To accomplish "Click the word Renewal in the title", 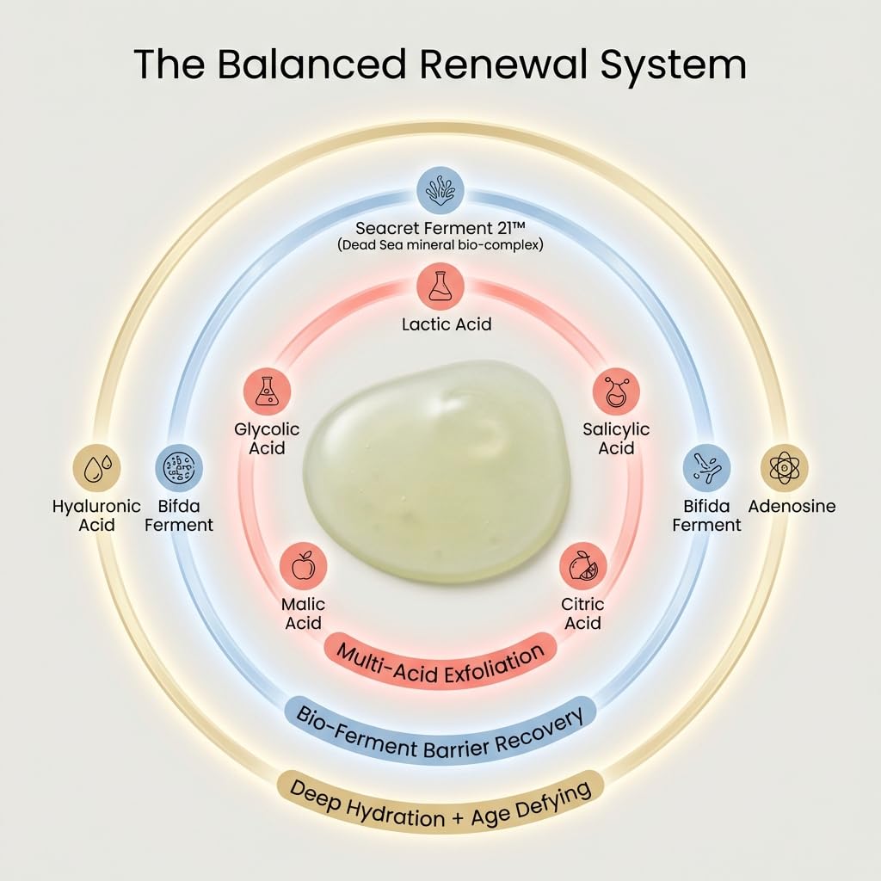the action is [x=504, y=64].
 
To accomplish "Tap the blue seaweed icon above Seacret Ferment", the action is [x=440, y=190].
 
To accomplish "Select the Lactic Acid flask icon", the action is [x=440, y=286].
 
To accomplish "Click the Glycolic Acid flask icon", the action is [x=267, y=391].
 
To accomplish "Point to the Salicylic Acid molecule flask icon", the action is [x=616, y=391].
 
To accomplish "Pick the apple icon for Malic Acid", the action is [x=303, y=566].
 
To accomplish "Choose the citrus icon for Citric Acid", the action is [x=583, y=566].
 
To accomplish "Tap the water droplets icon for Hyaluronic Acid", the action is [x=96, y=467].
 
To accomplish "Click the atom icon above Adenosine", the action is [x=784, y=467].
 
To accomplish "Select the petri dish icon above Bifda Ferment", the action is [x=179, y=467].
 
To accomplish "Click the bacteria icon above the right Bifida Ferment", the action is [x=707, y=467].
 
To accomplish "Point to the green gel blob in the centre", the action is [x=437, y=471].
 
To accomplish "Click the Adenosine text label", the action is [x=792, y=506].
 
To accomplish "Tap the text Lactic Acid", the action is [x=447, y=324].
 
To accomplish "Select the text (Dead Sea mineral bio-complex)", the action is [x=440, y=245].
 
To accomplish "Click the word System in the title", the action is [x=673, y=65].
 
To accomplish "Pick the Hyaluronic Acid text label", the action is [x=96, y=515].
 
